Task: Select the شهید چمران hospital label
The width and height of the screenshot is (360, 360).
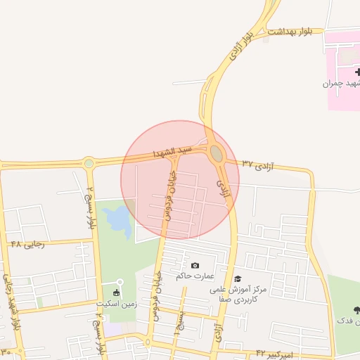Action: pos(340,84)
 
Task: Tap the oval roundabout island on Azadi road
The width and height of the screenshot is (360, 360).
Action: pos(217,153)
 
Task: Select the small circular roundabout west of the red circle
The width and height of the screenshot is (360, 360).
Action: pos(89,164)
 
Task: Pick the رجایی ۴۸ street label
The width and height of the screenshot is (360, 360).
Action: pos(27,244)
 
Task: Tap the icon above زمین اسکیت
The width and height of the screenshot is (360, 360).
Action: pos(116,292)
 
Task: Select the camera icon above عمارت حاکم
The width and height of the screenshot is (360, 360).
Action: pos(195,265)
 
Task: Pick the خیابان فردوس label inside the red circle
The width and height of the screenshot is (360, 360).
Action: pos(169,193)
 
